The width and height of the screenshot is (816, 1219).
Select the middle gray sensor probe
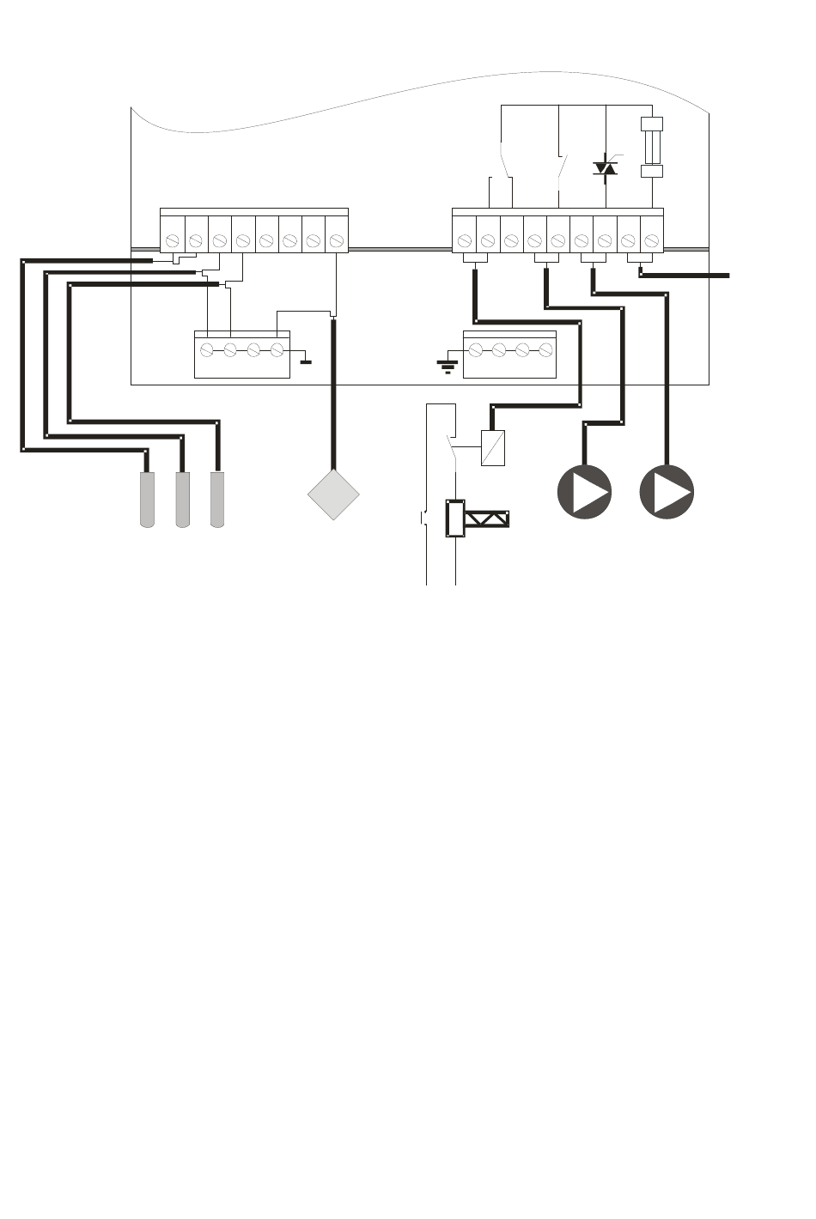pyautogui.click(x=182, y=500)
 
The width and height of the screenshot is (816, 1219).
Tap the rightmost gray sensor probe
pyautogui.click(x=216, y=500)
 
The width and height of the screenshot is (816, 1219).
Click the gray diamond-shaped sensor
pyautogui.click(x=333, y=494)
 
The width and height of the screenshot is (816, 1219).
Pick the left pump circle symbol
pyautogui.click(x=584, y=492)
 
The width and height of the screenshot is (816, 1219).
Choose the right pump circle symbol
pyautogui.click(x=667, y=492)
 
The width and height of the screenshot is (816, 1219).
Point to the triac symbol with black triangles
pyautogui.click(x=606, y=167)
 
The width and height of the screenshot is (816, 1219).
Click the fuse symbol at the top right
pyautogui.click(x=653, y=148)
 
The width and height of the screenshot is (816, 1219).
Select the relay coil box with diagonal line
pyautogui.click(x=493, y=447)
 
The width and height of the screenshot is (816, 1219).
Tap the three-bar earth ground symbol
pyautogui.click(x=448, y=367)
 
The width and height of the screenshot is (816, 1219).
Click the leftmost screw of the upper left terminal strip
pyautogui.click(x=173, y=240)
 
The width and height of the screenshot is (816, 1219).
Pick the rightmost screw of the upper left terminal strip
pyautogui.click(x=337, y=240)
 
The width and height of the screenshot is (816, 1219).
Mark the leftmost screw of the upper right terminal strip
pyautogui.click(x=465, y=240)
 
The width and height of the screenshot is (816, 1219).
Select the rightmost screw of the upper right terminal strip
pyautogui.click(x=651, y=240)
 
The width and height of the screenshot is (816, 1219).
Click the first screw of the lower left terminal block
pyautogui.click(x=206, y=350)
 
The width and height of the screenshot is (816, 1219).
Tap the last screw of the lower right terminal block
pyautogui.click(x=545, y=350)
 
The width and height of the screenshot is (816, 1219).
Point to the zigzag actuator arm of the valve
pyautogui.click(x=487, y=519)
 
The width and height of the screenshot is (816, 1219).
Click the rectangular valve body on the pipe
pyautogui.click(x=454, y=519)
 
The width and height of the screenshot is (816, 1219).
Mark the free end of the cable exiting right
pyautogui.click(x=727, y=275)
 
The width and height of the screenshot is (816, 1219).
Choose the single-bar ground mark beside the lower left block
pyautogui.click(x=305, y=361)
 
